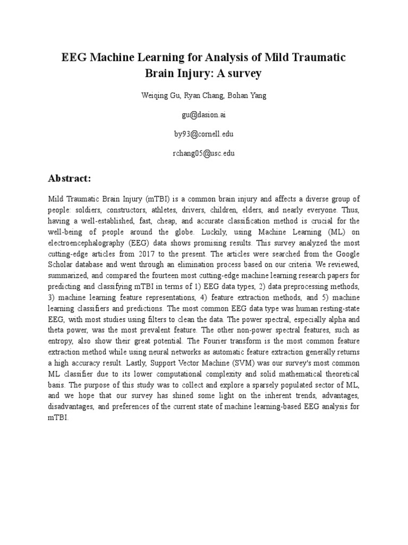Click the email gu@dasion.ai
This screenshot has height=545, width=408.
(204, 114)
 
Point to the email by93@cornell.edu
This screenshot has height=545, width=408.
(204, 134)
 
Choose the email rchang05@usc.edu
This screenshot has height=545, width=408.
(204, 153)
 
